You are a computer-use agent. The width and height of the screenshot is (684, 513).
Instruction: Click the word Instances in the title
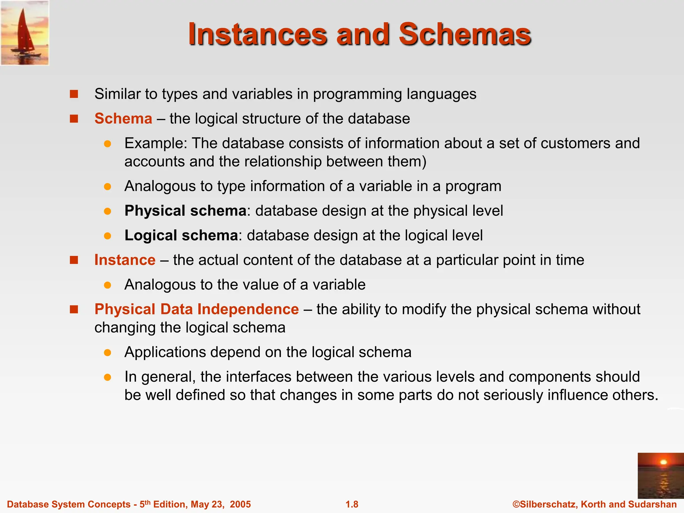(x=258, y=34)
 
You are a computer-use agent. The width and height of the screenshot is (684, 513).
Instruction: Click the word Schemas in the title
(x=465, y=34)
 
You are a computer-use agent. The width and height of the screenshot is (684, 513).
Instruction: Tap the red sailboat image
(x=25, y=33)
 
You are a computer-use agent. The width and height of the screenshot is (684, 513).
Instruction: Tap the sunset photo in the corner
(x=660, y=476)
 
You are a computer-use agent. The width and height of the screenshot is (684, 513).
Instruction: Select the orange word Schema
(x=123, y=119)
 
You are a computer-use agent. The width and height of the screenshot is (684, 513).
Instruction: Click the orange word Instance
(x=125, y=260)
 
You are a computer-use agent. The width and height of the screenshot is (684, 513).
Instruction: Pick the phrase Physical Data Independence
(x=196, y=309)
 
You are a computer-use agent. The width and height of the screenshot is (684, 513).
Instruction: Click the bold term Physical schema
(x=185, y=211)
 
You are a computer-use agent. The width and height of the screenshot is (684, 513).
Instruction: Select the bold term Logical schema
(x=181, y=235)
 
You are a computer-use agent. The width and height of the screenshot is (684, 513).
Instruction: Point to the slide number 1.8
(x=352, y=504)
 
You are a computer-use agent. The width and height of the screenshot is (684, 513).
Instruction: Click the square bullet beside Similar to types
(x=74, y=94)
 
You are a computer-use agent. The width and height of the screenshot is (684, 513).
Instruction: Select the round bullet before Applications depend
(x=107, y=353)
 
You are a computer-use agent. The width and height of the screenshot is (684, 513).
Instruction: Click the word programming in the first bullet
(x=357, y=94)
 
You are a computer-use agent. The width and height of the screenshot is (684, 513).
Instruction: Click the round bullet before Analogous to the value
(x=107, y=285)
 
